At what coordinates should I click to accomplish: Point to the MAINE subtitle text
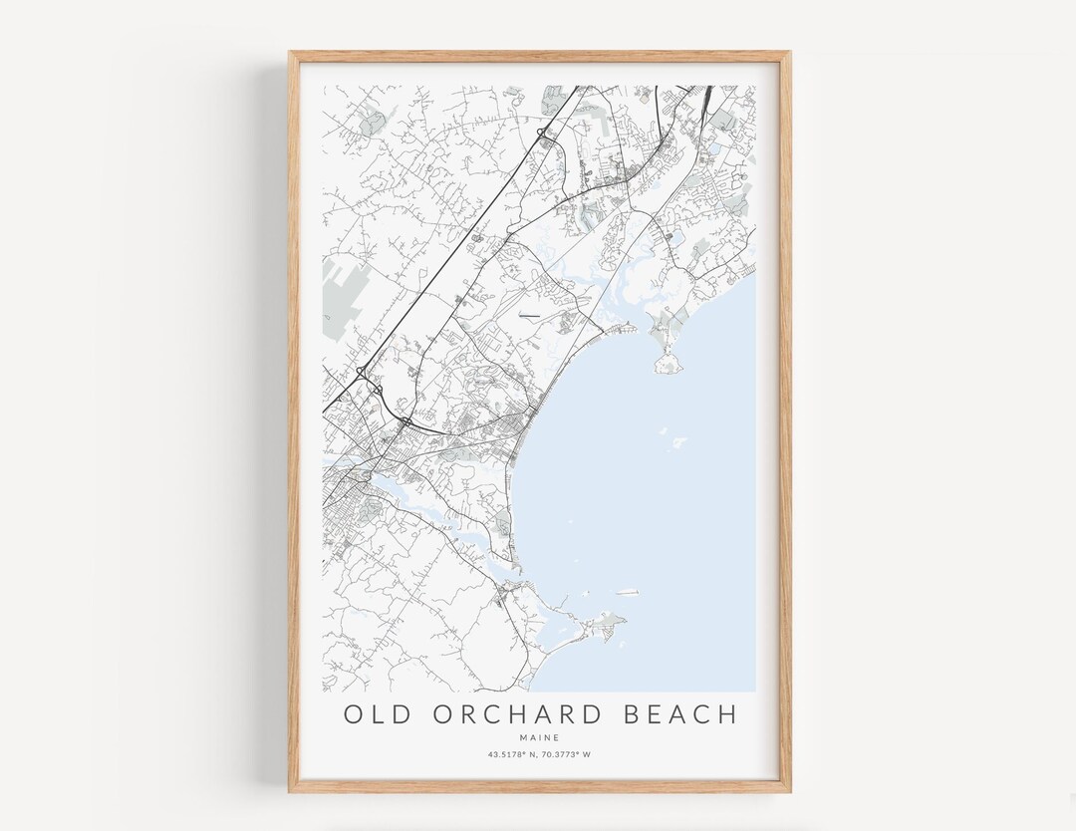tap(539, 737)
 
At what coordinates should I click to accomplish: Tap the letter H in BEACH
tap(727, 714)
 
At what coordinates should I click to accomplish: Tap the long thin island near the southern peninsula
tap(627, 593)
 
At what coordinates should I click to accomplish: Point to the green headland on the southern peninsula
tap(606, 625)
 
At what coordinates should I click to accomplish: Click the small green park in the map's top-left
tap(372, 124)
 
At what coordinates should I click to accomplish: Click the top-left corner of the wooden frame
tap(291, 53)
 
